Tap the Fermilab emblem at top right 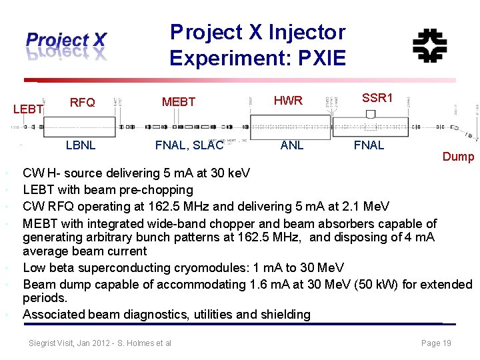click(x=429, y=46)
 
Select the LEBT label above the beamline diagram click(x=29, y=109)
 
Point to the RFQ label click(x=82, y=102)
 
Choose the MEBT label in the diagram click(x=179, y=102)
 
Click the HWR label click(x=288, y=101)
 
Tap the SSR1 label click(x=377, y=98)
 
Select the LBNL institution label click(x=80, y=145)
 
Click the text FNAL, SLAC click(x=189, y=145)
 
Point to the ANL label click(x=292, y=145)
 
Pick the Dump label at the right click(x=458, y=157)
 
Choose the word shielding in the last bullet click(x=284, y=314)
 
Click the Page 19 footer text click(x=436, y=343)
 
